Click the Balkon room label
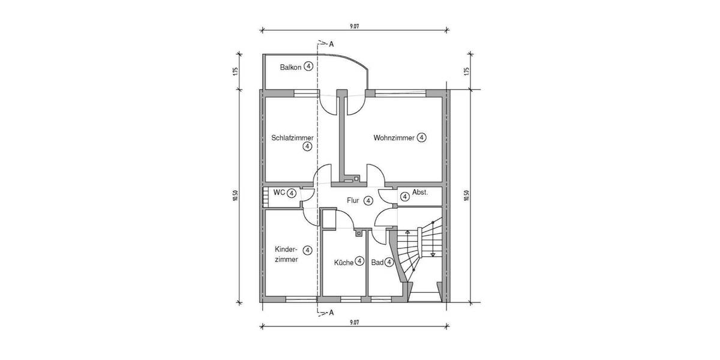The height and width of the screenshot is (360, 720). [291, 67]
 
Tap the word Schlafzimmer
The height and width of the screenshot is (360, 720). [292, 137]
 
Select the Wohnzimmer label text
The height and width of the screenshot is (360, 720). [394, 138]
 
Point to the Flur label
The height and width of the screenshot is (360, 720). [353, 201]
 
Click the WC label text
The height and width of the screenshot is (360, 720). [279, 193]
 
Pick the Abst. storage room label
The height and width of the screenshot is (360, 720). [420, 193]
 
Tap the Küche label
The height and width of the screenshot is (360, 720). [344, 262]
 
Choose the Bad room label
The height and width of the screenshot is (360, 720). [377, 262]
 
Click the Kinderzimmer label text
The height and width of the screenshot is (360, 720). [286, 254]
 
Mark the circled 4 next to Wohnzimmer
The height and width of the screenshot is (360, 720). [422, 138]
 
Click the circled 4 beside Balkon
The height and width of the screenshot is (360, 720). [308, 67]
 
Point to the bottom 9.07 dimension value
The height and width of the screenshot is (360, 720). [353, 322]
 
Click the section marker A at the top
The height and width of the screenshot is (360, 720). [331, 44]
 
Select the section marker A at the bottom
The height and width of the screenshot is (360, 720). [331, 313]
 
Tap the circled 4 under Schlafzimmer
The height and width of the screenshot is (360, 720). [307, 146]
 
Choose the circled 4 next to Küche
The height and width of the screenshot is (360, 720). [359, 262]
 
